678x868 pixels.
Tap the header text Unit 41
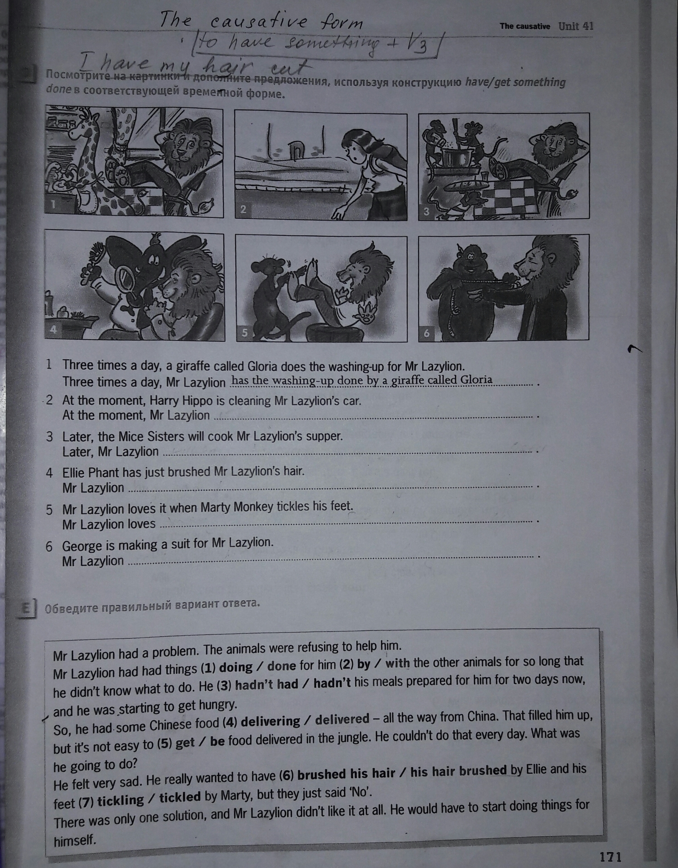pos(576,26)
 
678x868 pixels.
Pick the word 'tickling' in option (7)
pos(121,800)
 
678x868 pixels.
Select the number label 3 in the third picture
pos(426,211)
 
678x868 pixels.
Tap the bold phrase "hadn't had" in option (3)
pos(266,684)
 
